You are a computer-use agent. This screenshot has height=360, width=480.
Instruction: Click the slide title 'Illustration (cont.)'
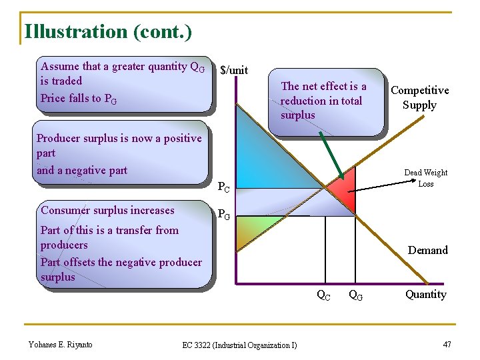107,31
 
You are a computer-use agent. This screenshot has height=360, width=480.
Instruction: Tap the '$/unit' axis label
234,70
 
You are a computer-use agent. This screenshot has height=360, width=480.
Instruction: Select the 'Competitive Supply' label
419,97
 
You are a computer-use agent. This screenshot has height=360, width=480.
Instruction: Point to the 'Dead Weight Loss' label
425,178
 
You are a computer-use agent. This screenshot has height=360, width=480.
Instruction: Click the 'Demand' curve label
427,250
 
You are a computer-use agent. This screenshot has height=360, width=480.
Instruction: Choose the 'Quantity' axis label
425,294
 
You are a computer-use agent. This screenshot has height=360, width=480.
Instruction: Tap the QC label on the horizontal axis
323,295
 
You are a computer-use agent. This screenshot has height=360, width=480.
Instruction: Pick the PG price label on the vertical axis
225,215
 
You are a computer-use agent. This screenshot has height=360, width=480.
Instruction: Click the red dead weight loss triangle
344,193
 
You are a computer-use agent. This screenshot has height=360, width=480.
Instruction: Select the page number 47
447,344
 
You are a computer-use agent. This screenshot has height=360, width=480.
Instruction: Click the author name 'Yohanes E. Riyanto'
61,344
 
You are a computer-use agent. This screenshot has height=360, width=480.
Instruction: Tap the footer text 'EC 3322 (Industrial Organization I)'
240,345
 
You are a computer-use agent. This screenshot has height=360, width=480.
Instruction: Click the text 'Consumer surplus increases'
107,210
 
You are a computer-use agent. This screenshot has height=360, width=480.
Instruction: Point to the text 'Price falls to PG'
79,99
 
